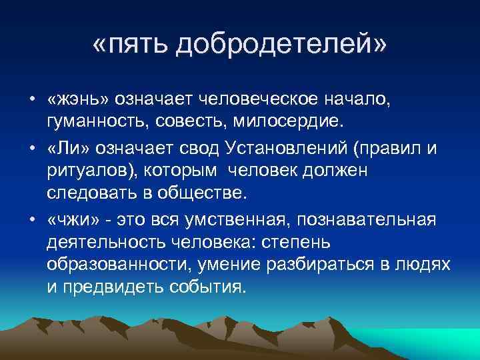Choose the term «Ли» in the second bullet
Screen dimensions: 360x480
pyautogui.click(x=64, y=147)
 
